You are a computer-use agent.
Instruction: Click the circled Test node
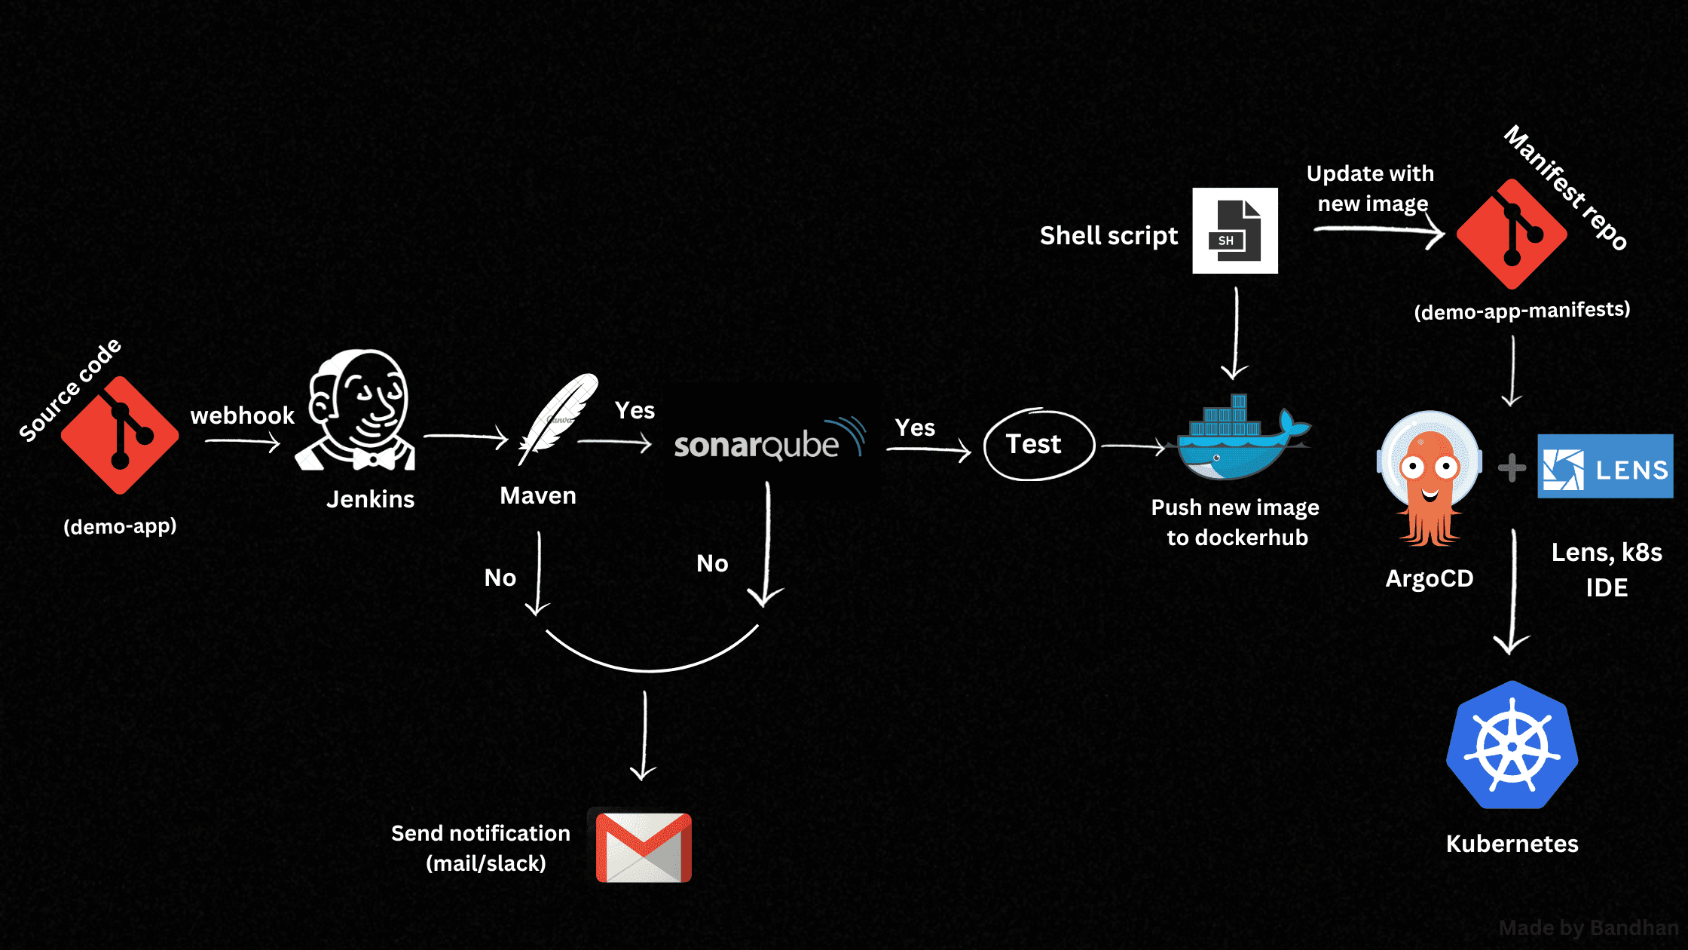(1038, 444)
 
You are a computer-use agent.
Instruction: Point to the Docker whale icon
(1240, 440)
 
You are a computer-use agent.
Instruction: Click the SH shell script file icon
(1234, 231)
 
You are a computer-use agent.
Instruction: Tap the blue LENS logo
(1605, 467)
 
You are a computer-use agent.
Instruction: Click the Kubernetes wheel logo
(1512, 746)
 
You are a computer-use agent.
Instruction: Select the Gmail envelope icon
(644, 847)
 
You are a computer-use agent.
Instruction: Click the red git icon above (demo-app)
(120, 435)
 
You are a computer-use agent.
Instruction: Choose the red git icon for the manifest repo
(1512, 234)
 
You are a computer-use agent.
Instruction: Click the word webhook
(242, 415)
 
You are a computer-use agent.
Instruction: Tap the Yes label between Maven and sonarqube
(635, 410)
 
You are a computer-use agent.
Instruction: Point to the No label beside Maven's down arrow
(500, 578)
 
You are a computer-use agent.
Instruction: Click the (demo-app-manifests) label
(1521, 311)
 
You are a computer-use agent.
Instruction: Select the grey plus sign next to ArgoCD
(1512, 467)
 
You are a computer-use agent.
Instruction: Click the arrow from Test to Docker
(1133, 446)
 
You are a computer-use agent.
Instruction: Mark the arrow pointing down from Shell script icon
(1236, 332)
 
